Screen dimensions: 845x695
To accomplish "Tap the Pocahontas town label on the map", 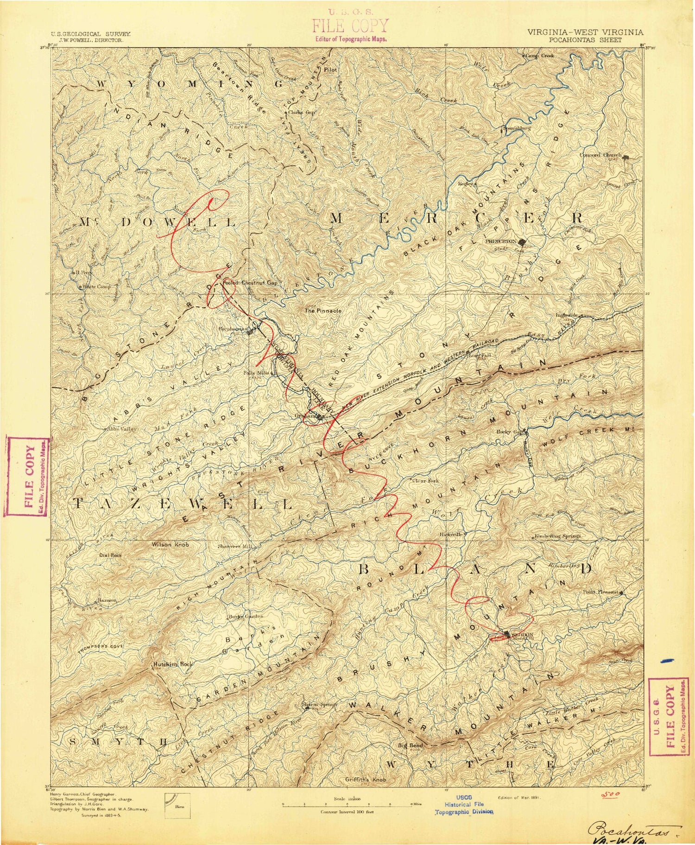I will point(234,328).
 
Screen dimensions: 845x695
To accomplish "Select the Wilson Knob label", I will point(171,545).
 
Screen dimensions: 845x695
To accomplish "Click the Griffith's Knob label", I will point(366,780).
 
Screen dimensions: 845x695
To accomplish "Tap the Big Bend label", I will point(411,745).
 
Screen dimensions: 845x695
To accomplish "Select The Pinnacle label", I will point(323,311).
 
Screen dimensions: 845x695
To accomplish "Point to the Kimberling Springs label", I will point(557,536).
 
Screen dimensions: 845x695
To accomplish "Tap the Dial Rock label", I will point(110,555).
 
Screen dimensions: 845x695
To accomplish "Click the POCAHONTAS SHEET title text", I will point(585,40).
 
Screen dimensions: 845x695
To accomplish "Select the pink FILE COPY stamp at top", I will point(350,26).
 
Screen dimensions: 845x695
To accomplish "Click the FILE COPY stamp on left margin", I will point(27,476).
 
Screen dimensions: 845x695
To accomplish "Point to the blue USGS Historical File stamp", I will point(464,804).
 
